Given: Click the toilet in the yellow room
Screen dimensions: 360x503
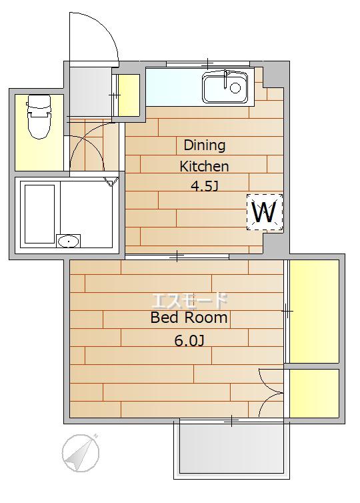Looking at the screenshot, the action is (x=39, y=117).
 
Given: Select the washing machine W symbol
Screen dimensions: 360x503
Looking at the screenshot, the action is (x=265, y=212).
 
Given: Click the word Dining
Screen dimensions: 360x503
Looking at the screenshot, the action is (x=205, y=145).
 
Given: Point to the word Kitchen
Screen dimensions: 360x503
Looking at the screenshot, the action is (x=204, y=167).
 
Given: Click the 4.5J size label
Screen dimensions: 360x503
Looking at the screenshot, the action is (x=204, y=186).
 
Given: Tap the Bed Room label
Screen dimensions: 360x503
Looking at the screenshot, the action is (x=189, y=318).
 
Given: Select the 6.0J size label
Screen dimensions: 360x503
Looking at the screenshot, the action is (x=189, y=340).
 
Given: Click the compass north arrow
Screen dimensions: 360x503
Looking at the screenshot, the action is (x=81, y=453).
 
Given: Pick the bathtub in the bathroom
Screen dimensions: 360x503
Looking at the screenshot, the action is (x=40, y=214).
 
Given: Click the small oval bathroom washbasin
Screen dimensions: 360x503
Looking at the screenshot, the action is (x=69, y=241).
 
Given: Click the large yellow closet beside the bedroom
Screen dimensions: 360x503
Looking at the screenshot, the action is (x=314, y=312).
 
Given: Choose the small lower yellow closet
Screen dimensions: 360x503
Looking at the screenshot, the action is (x=314, y=394).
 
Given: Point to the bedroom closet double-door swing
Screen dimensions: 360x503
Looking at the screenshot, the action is (x=271, y=393).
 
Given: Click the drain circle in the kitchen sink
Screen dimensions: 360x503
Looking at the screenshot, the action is (x=235, y=87).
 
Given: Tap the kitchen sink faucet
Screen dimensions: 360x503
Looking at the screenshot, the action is (x=226, y=79).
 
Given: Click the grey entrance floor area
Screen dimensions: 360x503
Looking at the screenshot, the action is (x=91, y=92).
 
